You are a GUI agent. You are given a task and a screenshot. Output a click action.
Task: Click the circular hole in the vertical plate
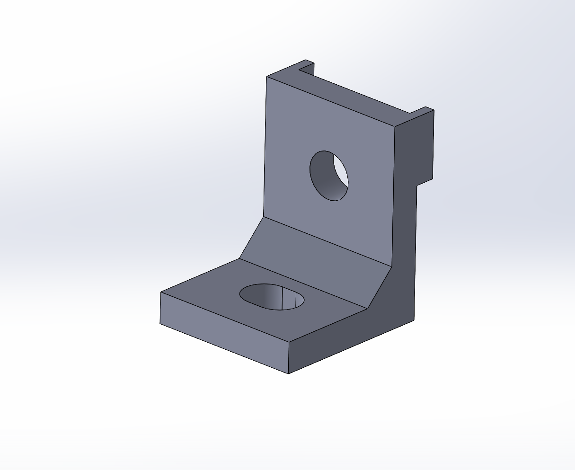(328, 176)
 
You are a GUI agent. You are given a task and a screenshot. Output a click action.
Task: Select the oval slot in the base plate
(272, 297)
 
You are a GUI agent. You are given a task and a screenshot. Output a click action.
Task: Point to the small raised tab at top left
(307, 66)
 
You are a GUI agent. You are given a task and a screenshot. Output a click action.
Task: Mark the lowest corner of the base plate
(288, 373)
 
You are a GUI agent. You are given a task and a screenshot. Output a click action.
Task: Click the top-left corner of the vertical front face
(266, 77)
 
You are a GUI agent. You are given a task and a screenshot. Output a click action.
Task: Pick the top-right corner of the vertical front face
(395, 127)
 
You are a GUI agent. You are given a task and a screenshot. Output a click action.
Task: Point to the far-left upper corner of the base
(161, 292)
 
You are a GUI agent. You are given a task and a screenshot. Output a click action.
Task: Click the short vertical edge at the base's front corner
(288, 357)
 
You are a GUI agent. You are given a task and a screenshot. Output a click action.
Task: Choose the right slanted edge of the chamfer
(380, 288)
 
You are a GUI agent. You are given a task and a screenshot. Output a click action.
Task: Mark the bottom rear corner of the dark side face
(414, 320)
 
